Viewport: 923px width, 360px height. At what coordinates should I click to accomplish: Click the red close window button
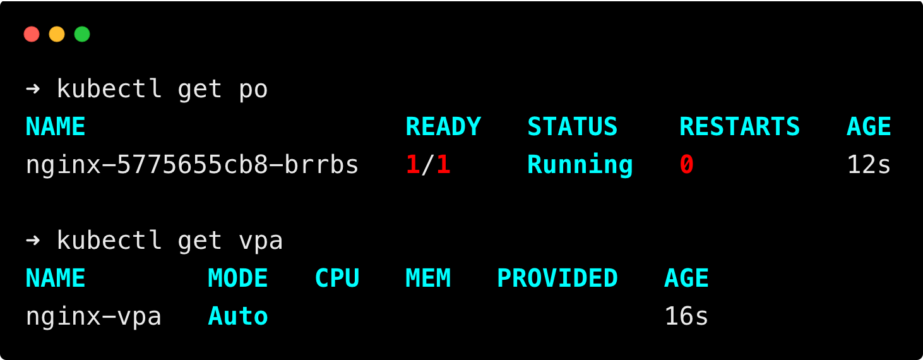tap(32, 34)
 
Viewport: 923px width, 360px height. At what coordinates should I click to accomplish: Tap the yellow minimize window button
tap(57, 34)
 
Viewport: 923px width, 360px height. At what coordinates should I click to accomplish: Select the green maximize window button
tap(82, 34)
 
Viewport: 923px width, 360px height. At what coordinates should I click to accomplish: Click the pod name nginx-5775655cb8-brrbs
tap(192, 165)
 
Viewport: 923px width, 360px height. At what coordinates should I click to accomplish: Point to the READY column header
tap(443, 127)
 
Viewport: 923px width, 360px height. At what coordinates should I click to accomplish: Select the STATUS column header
tap(572, 127)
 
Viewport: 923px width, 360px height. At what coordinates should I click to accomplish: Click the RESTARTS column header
tap(739, 127)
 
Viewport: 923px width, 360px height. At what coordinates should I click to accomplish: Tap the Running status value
tap(580, 165)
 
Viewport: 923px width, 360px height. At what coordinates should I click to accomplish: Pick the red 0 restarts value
tap(687, 165)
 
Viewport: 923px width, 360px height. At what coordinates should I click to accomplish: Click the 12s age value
tap(869, 165)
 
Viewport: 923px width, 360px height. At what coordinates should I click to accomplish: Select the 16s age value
tap(686, 316)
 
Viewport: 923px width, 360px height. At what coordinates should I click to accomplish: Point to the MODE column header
tap(238, 279)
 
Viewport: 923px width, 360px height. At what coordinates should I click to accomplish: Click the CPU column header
tap(337, 279)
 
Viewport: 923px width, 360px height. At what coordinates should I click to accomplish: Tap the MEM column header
tap(428, 279)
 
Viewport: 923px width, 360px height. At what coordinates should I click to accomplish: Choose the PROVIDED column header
tap(557, 279)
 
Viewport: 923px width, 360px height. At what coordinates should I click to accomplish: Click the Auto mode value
tap(238, 316)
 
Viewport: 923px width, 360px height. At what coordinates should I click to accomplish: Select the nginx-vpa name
tap(93, 316)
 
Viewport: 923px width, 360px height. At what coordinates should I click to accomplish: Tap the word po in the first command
tap(253, 89)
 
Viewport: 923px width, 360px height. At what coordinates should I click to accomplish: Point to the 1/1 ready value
tap(428, 165)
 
